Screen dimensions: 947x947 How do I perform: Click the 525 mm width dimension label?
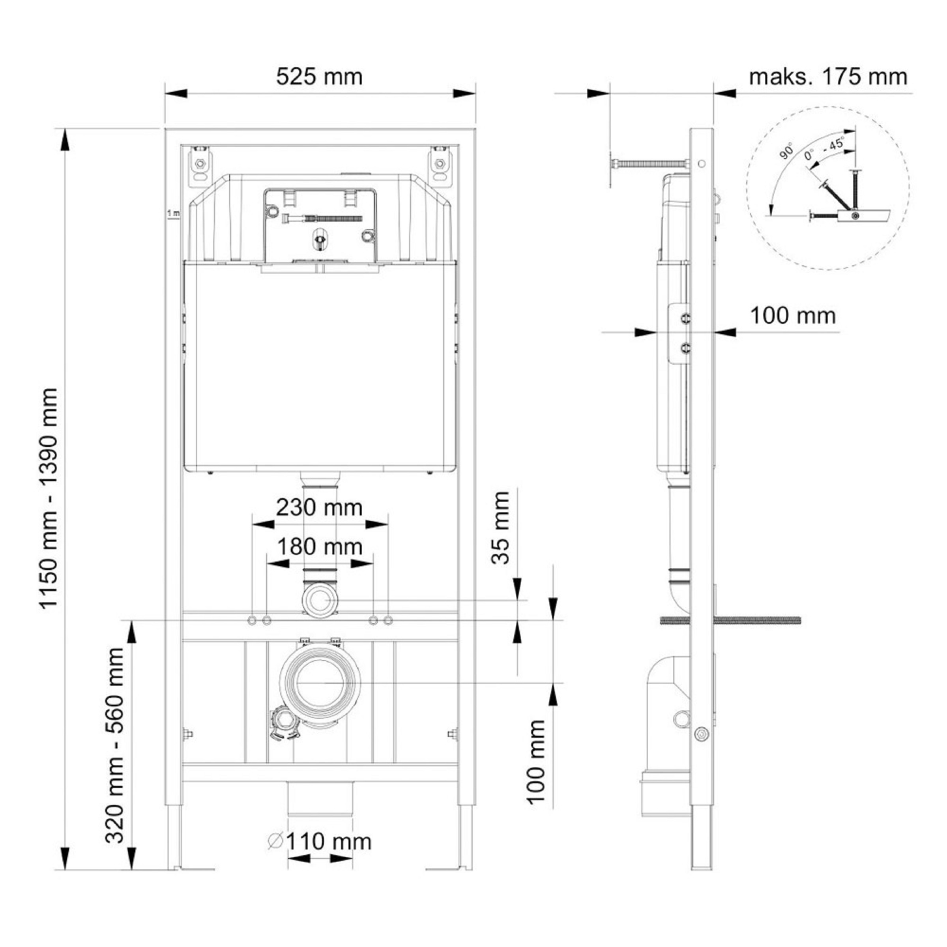319,77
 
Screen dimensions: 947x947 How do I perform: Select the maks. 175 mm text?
828,77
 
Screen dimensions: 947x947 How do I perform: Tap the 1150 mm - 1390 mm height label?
49,498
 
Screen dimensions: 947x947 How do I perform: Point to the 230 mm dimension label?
319,507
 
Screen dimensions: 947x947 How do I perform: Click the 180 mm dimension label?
320,546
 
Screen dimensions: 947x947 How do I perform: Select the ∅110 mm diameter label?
320,841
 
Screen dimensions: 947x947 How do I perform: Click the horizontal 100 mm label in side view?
793,316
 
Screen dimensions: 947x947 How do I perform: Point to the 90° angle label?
786,152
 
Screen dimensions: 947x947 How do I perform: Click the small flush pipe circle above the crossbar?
320,600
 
